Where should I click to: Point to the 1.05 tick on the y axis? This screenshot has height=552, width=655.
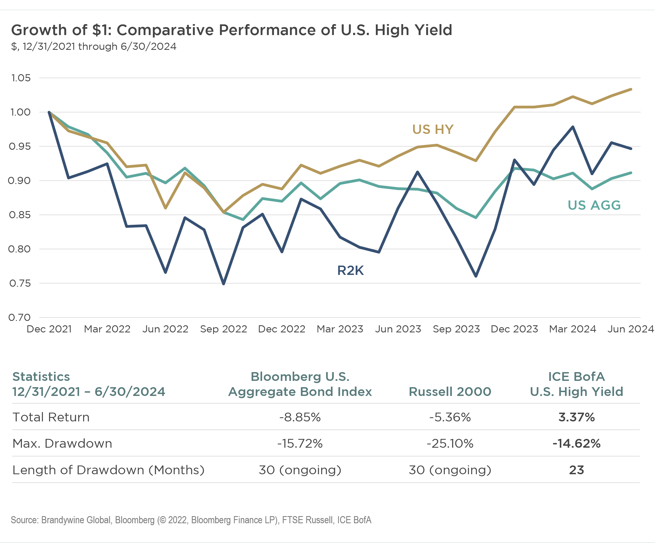21,78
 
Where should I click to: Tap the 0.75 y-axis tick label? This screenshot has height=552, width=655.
20,283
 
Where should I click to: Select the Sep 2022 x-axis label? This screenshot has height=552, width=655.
224,329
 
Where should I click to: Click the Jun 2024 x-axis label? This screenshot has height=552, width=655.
630,329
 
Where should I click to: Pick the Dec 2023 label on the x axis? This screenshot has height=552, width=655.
514,329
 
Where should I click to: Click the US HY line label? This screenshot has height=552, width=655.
433,130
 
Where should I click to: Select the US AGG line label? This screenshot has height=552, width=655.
594,205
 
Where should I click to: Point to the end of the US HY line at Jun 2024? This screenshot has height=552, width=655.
631,90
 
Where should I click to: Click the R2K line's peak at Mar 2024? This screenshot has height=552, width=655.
573,127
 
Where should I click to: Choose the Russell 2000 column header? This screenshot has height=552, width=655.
450,392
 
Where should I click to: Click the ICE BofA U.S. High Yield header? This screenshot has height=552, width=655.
576,384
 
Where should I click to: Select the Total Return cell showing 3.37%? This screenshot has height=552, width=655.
576,418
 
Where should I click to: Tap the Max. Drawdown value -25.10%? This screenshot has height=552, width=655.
450,444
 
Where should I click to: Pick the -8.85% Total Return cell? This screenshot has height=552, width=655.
300,418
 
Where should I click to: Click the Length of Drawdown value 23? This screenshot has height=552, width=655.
576,470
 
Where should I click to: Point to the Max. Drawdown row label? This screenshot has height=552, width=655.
62,444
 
